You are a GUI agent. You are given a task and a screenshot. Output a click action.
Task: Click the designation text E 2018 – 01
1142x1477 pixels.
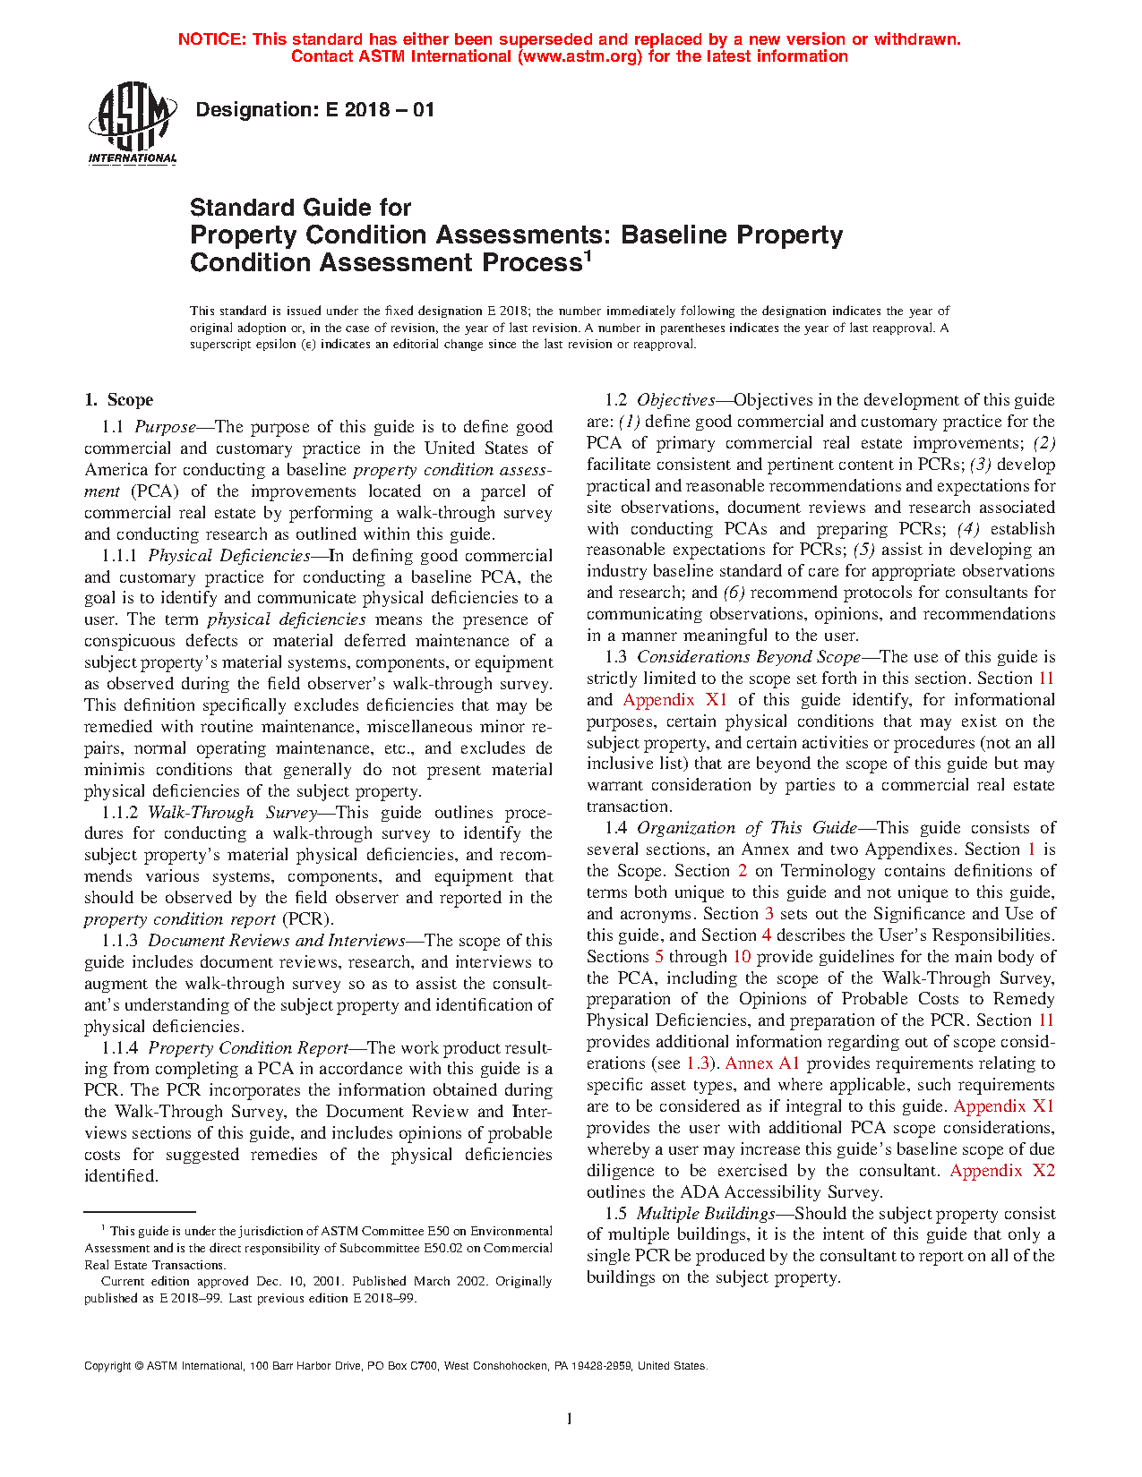(x=314, y=110)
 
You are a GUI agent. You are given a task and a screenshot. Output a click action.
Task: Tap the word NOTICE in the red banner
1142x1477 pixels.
(x=211, y=39)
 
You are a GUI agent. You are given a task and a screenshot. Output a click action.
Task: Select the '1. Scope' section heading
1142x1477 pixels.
(x=119, y=400)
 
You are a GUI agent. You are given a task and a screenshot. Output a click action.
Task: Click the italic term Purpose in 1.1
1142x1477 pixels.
(x=165, y=427)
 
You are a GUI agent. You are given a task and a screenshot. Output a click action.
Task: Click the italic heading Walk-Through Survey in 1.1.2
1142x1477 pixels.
(x=233, y=813)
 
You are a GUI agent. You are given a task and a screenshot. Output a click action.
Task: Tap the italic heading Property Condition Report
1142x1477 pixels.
(x=248, y=1048)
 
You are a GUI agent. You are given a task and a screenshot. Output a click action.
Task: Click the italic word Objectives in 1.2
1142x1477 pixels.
(x=675, y=400)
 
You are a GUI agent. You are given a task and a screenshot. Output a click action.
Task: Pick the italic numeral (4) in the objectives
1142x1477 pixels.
(x=968, y=529)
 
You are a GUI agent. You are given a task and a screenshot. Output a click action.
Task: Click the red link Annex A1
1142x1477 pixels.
(x=762, y=1063)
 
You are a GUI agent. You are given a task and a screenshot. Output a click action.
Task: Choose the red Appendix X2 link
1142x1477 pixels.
(x=1002, y=1171)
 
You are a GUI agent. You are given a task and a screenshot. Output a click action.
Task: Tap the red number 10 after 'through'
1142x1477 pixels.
(x=742, y=957)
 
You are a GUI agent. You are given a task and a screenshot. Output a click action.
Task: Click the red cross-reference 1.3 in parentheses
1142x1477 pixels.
(x=697, y=1063)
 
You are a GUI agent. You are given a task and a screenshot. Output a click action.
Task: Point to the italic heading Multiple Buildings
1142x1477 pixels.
(x=706, y=1214)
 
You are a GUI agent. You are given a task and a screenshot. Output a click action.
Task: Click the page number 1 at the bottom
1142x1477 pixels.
(x=570, y=1419)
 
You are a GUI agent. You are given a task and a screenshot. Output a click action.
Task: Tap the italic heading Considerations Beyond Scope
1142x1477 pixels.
(x=749, y=657)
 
